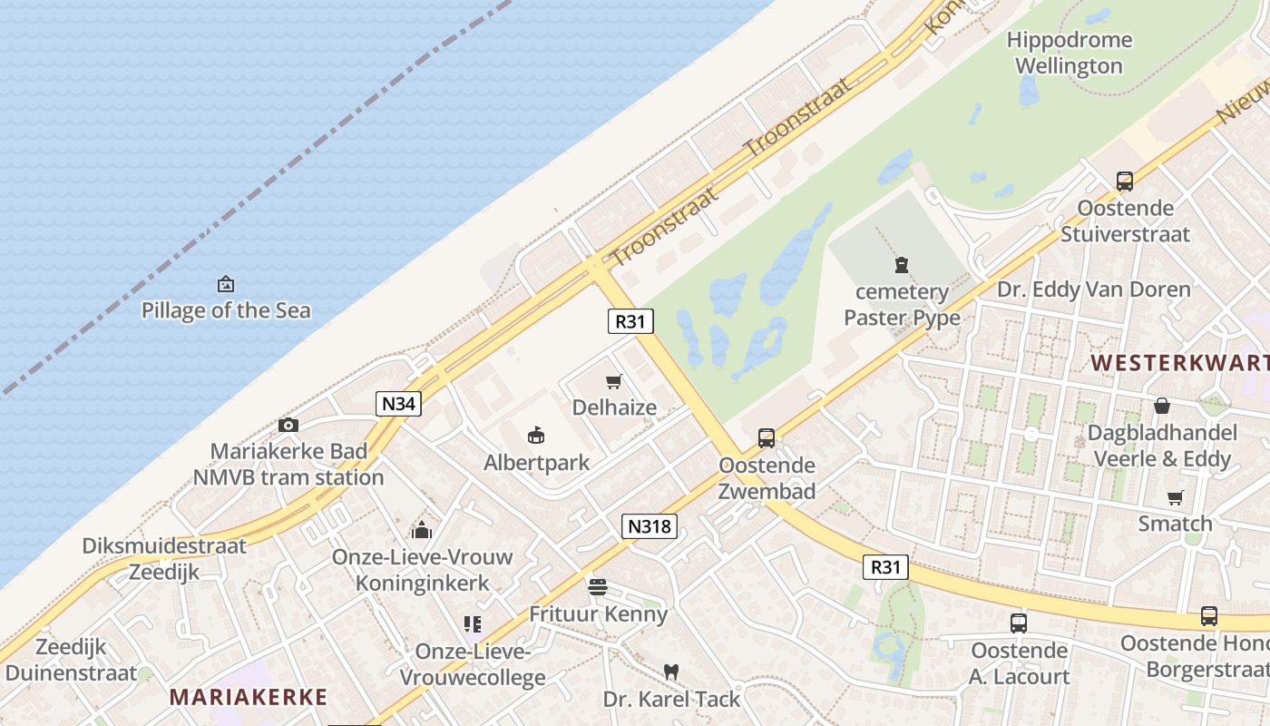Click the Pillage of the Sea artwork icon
226,285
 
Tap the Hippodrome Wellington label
1070,53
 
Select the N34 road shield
398,404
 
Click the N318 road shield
650,525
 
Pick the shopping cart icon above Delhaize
614,382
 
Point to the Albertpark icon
536,437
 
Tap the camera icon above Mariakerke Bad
288,425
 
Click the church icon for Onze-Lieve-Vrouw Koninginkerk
422,530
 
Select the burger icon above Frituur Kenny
597,587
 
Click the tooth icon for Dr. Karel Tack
671,672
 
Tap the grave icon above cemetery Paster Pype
901,266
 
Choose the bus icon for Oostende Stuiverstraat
1125,181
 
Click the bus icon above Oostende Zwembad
767,438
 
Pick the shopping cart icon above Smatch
1176,497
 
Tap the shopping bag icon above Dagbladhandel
1162,406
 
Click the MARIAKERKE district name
249,697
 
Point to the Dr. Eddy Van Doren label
1094,289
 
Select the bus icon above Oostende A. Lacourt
1019,623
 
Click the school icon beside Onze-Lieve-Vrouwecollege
473,624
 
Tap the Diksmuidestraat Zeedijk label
164,559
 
